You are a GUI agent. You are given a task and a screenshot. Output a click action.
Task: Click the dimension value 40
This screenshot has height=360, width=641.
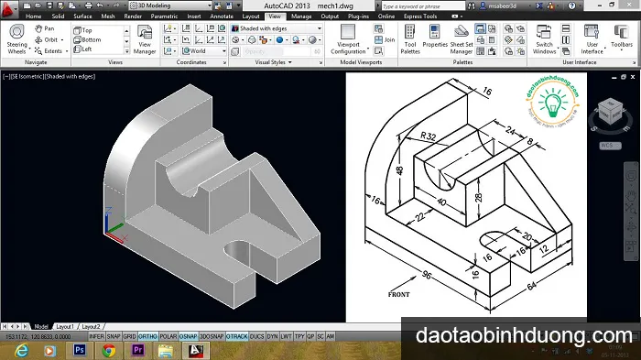[442, 202]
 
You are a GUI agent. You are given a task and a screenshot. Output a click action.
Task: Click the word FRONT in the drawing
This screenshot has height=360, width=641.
[399, 294]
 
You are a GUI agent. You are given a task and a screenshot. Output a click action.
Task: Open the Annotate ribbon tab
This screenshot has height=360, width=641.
[221, 16]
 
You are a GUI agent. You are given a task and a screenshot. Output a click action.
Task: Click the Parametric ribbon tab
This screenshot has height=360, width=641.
[166, 16]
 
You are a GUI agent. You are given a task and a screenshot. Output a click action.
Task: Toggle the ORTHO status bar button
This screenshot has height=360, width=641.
[148, 336]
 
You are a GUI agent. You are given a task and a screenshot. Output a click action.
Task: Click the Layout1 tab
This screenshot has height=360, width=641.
[65, 326]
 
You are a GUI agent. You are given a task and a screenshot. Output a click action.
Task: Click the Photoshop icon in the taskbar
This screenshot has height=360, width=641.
[80, 350]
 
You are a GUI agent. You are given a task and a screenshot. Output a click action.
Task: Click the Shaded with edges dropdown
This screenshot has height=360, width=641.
[276, 28]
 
